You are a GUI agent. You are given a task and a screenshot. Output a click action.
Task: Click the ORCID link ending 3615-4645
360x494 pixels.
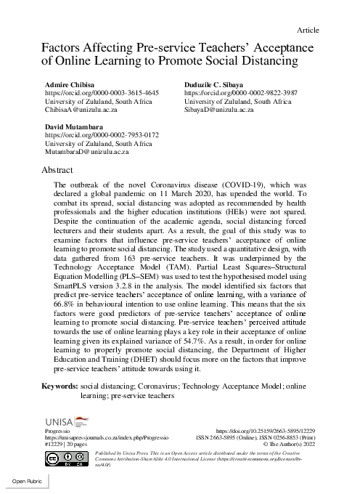click(102, 94)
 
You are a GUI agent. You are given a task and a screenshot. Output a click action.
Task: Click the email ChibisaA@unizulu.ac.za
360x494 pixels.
click(89, 113)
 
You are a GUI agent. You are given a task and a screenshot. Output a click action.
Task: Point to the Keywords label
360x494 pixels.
click(60, 386)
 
